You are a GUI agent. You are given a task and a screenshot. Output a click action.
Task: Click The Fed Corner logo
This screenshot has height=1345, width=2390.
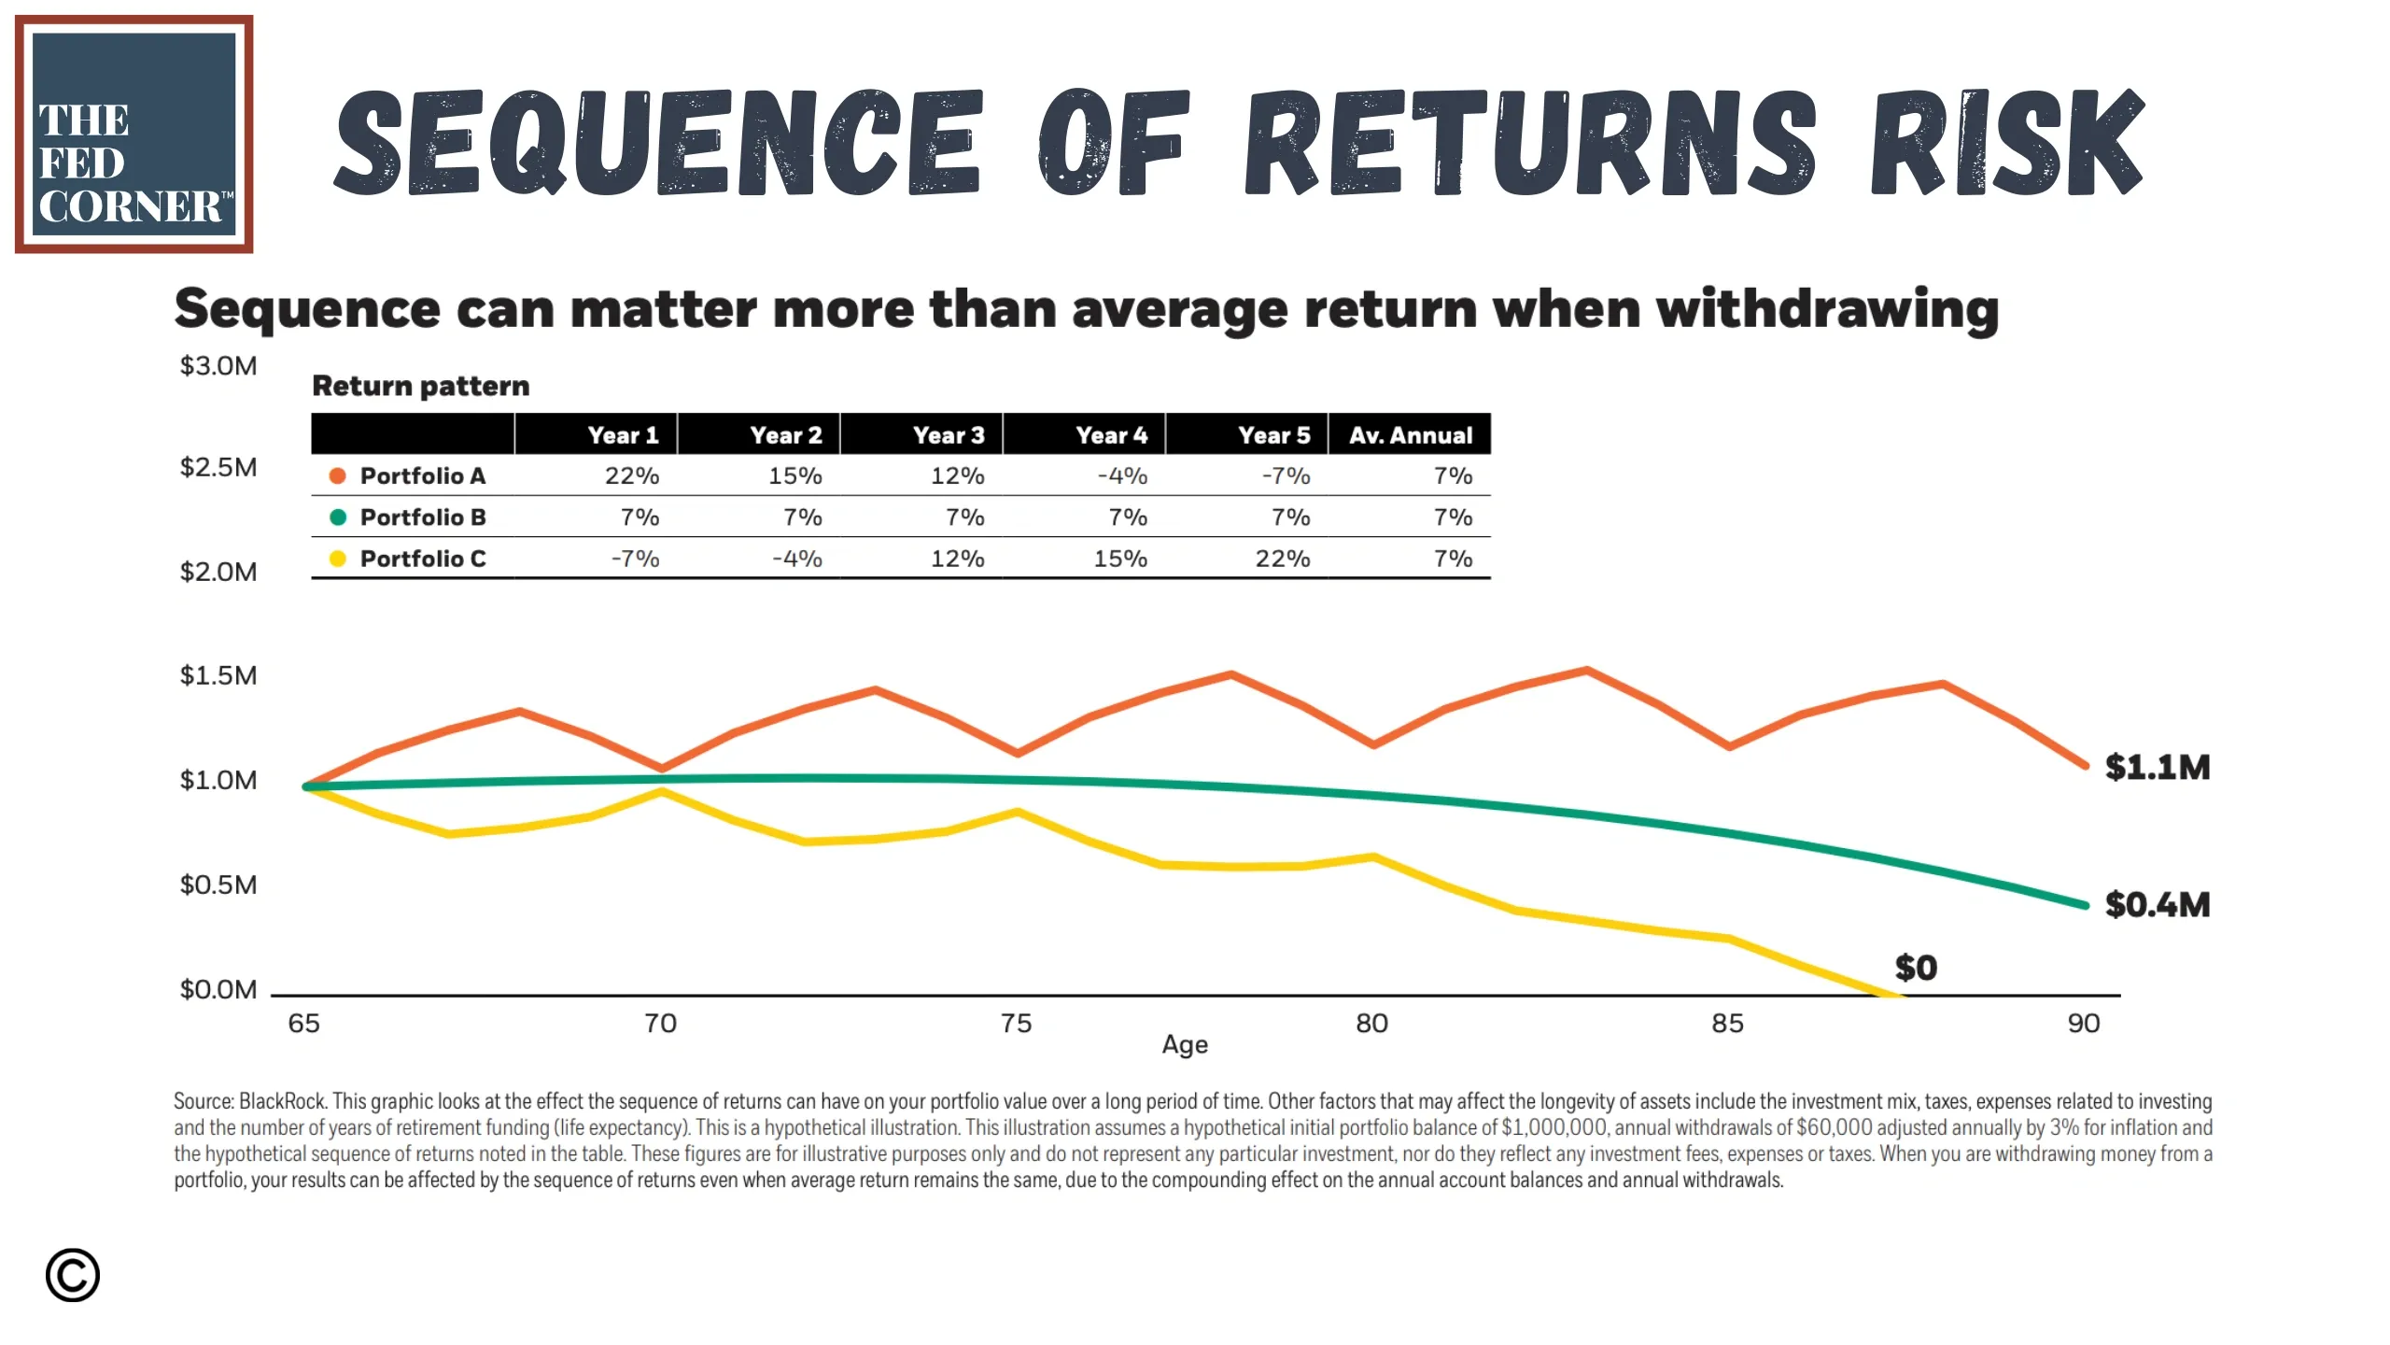[134, 134]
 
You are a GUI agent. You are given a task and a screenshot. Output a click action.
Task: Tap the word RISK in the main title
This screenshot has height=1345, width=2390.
[2008, 143]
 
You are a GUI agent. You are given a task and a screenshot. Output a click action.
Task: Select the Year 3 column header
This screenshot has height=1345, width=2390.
[949, 435]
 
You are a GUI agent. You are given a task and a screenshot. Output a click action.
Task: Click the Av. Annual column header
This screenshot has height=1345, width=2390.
[1411, 435]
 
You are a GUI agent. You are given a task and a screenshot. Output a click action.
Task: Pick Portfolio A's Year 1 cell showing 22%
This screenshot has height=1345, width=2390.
[632, 476]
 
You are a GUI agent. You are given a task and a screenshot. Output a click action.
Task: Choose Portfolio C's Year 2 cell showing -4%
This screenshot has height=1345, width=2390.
[797, 559]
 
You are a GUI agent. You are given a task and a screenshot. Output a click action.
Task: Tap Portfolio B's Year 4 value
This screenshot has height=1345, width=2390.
[1128, 517]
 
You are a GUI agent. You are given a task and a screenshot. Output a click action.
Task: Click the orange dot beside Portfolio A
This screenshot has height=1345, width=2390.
[338, 476]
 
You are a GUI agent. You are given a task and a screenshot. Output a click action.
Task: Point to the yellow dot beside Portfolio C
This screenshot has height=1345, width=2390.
[338, 559]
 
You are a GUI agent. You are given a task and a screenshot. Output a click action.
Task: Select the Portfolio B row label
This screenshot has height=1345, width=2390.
[423, 517]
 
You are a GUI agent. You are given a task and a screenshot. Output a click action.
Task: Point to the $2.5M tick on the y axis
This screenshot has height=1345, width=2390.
[218, 467]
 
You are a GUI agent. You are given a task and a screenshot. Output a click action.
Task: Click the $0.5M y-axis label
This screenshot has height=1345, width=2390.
[218, 885]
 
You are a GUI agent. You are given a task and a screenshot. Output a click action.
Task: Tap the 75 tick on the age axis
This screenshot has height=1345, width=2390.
[1017, 1024]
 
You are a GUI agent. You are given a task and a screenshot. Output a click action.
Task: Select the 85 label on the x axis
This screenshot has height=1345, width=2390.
[1728, 1024]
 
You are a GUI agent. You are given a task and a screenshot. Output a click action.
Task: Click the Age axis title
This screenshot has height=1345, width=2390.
[1185, 1045]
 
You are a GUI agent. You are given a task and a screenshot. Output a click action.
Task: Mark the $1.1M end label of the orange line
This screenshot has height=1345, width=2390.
[2158, 768]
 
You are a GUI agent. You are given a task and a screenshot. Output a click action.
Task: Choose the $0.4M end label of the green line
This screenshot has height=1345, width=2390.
[2158, 905]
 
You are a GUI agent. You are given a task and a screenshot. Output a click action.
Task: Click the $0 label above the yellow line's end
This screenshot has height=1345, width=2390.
[1916, 968]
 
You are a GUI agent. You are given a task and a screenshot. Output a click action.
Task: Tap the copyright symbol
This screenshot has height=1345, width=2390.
[73, 1275]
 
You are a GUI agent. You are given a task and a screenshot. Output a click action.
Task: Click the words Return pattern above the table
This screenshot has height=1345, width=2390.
[421, 386]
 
